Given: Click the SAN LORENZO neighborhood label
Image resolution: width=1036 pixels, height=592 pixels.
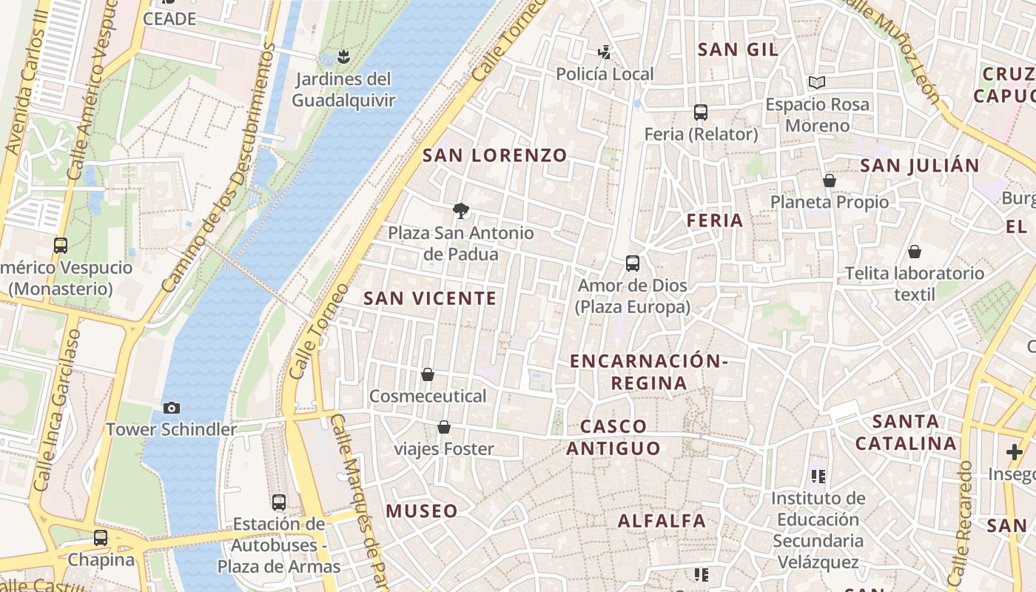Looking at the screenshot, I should pos(494,155).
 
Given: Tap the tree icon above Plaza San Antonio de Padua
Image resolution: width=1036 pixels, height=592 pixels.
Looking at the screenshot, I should pos(461,211).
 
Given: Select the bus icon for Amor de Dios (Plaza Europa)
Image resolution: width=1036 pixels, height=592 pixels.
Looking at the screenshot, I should pos(633,263).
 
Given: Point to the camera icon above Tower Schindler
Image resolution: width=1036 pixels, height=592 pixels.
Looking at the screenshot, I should pos(172,408).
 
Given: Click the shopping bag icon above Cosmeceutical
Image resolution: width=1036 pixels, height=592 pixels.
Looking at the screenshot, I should pos(428,374).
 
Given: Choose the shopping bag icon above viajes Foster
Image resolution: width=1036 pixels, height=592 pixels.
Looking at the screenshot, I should pos(444,427).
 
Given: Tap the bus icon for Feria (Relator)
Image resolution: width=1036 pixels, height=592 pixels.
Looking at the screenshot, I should pos(701,112).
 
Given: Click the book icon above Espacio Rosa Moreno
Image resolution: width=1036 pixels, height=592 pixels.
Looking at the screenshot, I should pos(817,82).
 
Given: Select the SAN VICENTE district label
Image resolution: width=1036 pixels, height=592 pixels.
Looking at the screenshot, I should pos(430,299).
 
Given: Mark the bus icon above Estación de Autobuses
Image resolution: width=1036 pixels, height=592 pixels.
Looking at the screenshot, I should pos(279,502).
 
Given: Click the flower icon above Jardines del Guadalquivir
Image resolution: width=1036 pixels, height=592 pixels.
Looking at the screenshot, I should pos(343,56).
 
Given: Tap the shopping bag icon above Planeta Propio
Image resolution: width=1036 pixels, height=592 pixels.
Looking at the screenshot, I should pos(830,181).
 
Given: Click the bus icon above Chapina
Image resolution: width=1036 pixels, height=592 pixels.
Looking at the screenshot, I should pos(101,538).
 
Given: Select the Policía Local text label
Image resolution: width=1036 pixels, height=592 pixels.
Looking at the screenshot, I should pos(605,74).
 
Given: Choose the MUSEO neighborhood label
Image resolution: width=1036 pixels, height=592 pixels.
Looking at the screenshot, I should pos(421,511).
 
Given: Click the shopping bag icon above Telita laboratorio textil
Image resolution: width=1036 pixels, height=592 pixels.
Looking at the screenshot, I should pos(915,252).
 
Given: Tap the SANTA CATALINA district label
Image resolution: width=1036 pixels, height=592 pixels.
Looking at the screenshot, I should pos(905,432).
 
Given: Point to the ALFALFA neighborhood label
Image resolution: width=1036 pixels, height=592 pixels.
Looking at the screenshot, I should pos(662,521).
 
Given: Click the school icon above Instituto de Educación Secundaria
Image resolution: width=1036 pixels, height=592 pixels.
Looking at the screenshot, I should pos(818,477).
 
